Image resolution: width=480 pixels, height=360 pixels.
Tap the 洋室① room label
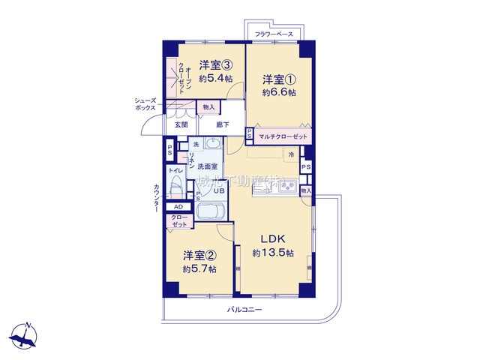tap(277, 79)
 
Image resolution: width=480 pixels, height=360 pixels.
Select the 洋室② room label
tap(199, 256)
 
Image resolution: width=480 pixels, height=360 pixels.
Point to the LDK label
tap(273, 239)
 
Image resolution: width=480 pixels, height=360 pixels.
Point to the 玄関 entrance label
tap(181, 124)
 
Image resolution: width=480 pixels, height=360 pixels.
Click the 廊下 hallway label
tap(223, 124)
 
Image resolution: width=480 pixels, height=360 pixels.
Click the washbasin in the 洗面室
tap(213, 145)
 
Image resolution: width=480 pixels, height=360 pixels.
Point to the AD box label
tap(178, 206)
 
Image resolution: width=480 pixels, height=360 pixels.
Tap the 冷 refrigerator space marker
tap(292, 154)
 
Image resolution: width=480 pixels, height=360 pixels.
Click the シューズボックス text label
tap(145, 104)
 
